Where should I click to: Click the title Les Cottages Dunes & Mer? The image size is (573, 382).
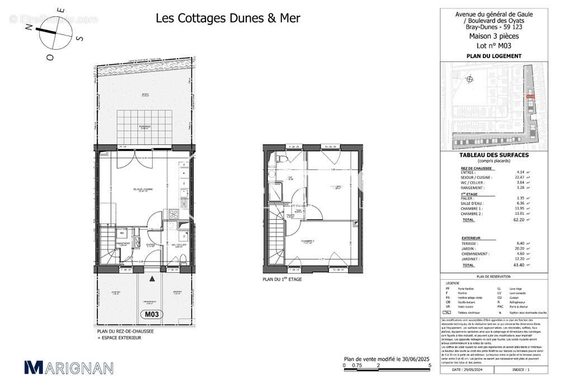point(227,18)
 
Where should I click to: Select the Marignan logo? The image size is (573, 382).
point(69,367)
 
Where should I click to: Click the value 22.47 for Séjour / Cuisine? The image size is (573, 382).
point(520,177)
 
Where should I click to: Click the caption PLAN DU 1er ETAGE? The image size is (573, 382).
point(282,279)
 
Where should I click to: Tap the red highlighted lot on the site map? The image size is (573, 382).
point(530,97)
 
